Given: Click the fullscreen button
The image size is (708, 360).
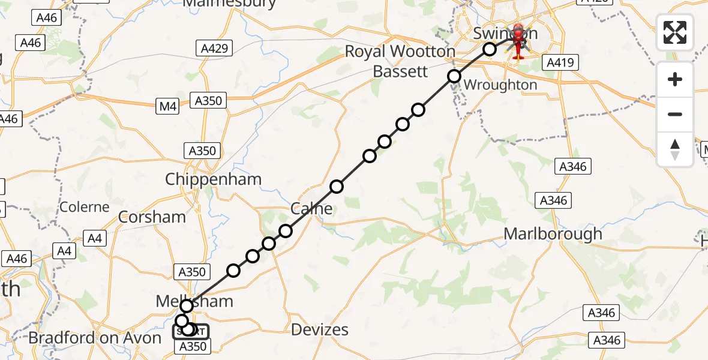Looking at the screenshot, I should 675,32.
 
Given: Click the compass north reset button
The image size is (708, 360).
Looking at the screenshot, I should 675,149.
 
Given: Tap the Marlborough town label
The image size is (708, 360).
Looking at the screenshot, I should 553,233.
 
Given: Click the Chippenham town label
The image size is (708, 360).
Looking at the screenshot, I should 213,179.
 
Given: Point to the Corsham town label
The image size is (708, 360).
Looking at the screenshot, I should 152,217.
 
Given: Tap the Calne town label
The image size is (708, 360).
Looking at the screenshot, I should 311,209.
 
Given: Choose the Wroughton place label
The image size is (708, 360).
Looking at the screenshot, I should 500,85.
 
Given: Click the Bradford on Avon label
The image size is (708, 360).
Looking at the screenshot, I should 95,338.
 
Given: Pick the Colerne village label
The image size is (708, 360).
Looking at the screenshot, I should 85,207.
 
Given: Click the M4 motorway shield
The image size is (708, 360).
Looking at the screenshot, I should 169,107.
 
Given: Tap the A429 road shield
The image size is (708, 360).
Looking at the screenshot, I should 214,48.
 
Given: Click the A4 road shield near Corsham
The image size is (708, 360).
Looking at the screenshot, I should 95,239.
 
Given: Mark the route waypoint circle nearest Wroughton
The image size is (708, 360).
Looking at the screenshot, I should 454,76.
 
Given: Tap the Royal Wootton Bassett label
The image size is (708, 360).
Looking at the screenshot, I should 400,61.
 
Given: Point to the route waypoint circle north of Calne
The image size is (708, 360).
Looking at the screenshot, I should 337,187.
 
